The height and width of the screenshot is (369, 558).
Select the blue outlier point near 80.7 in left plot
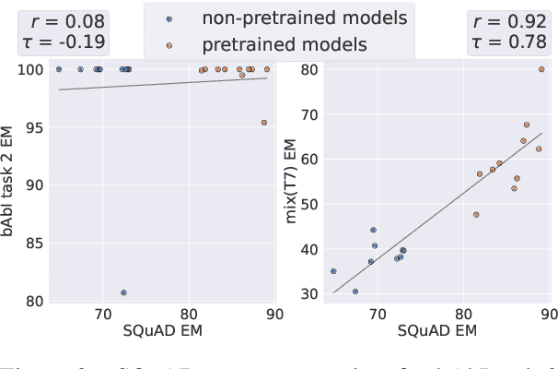(x=123, y=292)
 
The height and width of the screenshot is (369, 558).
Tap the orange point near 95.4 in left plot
(x=264, y=123)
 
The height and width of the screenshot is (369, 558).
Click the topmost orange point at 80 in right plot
(x=541, y=69)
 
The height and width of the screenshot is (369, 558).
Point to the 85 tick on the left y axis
(x=35, y=243)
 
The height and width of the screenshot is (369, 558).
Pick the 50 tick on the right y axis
(x=310, y=204)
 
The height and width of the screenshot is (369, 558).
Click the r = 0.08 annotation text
(x=63, y=19)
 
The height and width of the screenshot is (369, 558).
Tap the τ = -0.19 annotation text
(x=63, y=41)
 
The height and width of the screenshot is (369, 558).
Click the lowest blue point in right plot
(x=355, y=292)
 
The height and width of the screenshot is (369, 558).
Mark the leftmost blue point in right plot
(x=333, y=271)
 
